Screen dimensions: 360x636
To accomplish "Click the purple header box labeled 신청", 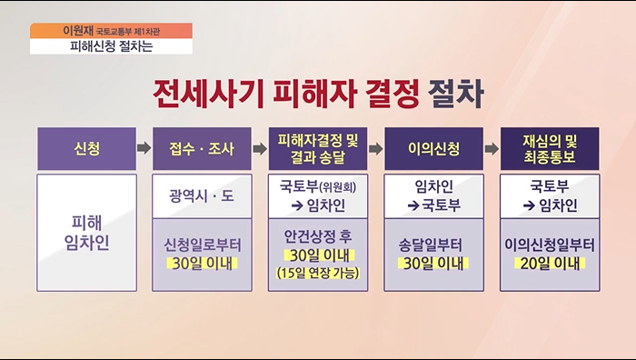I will pyautogui.click(x=82, y=147).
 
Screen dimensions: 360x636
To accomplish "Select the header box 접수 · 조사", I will pyautogui.click(x=202, y=147).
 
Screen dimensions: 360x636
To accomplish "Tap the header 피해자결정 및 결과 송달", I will pyautogui.click(x=318, y=147).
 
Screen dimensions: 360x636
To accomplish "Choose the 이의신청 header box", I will pyautogui.click(x=434, y=147).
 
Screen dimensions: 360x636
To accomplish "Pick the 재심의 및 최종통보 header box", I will pyautogui.click(x=551, y=147).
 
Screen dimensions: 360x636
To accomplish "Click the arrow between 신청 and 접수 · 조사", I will pyautogui.click(x=142, y=147).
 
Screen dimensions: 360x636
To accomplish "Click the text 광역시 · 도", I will pyautogui.click(x=202, y=195).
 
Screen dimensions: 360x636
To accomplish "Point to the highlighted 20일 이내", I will pyautogui.click(x=551, y=265).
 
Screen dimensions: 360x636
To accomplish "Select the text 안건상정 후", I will pyautogui.click(x=318, y=235).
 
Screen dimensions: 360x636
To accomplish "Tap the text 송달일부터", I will pyautogui.click(x=434, y=244).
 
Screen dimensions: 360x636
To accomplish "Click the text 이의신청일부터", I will pyautogui.click(x=551, y=244).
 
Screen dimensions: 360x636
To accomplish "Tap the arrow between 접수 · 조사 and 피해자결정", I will pyautogui.click(x=259, y=147).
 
